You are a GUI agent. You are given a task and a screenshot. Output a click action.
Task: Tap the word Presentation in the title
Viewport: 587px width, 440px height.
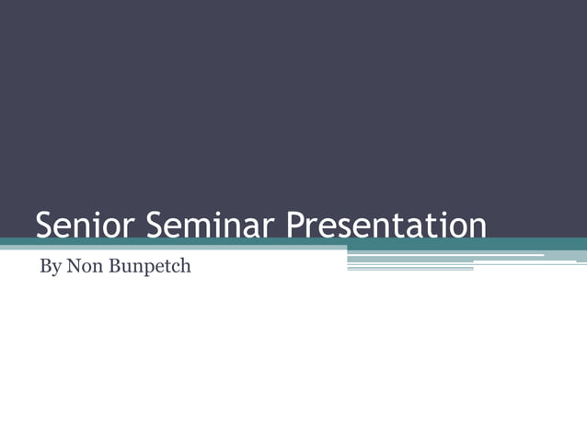[x=385, y=226]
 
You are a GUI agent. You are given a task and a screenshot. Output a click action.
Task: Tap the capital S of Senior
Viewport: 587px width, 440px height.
[x=44, y=226]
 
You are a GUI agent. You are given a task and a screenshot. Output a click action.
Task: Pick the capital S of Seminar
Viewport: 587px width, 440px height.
[x=155, y=226]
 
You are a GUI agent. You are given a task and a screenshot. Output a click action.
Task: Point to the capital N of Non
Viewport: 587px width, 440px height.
[x=73, y=267]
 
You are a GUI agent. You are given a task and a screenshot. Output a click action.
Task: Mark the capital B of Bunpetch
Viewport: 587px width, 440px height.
[x=110, y=267]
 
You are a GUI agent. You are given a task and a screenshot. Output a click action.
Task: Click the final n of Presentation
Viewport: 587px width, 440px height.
[x=476, y=228]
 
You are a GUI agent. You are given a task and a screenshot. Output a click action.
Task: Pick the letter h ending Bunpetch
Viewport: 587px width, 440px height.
[x=185, y=267]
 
